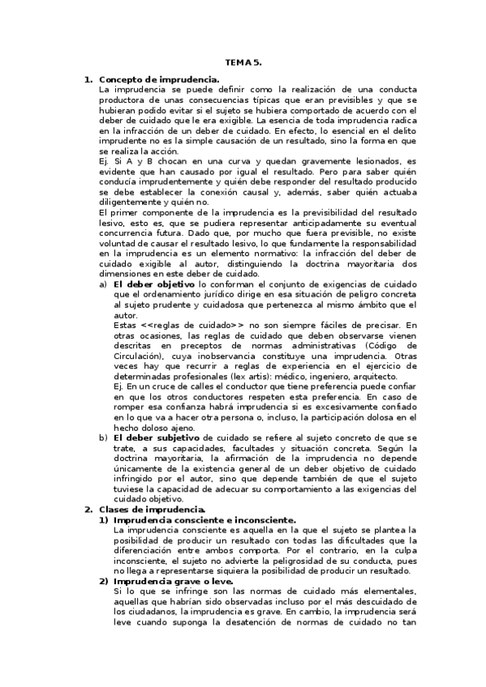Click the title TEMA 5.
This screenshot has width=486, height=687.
coord(243,62)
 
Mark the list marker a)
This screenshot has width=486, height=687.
coord(103,284)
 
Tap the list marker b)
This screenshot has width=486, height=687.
coord(103,437)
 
